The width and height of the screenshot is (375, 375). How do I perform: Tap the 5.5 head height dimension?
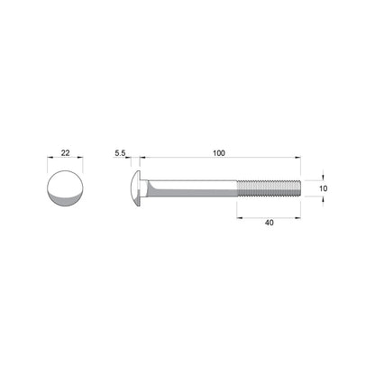[120, 154]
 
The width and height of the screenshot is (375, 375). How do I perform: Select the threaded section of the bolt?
[267, 187]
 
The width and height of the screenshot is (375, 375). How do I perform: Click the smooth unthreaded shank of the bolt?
[194, 187]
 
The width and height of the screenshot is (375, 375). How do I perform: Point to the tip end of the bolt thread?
[296, 187]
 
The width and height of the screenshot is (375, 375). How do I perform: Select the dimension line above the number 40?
[268, 215]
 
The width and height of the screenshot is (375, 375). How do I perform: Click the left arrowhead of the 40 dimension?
[241, 215]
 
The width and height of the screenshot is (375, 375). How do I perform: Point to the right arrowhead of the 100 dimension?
[296, 161]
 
